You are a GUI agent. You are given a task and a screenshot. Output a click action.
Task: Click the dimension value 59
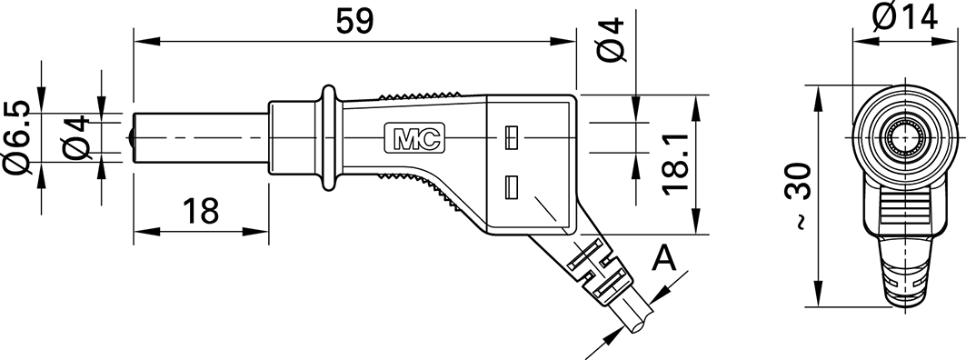[354, 21]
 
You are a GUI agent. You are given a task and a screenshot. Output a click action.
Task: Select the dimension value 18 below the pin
[201, 211]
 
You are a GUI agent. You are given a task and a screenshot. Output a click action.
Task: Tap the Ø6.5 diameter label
[17, 138]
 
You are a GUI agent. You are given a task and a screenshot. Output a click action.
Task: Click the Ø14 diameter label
[904, 16]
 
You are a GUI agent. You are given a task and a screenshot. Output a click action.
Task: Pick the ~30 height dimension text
[799, 196]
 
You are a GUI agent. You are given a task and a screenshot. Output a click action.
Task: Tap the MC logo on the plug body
[414, 138]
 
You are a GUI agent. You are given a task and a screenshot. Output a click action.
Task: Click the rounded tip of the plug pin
[133, 138]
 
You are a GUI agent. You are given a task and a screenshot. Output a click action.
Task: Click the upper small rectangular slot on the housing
[510, 138]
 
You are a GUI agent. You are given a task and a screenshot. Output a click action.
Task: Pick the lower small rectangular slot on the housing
[510, 187]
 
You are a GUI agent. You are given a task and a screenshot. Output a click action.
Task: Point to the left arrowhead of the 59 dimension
[146, 41]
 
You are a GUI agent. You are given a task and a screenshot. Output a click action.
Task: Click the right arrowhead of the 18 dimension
[255, 233]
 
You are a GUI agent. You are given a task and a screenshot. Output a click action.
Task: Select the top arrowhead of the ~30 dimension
[818, 98]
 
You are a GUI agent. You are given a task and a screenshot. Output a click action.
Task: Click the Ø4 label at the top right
[612, 39]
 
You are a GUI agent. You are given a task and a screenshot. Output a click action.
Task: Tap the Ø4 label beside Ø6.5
[76, 138]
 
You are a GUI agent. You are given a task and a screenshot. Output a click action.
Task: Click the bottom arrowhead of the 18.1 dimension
[696, 221]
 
